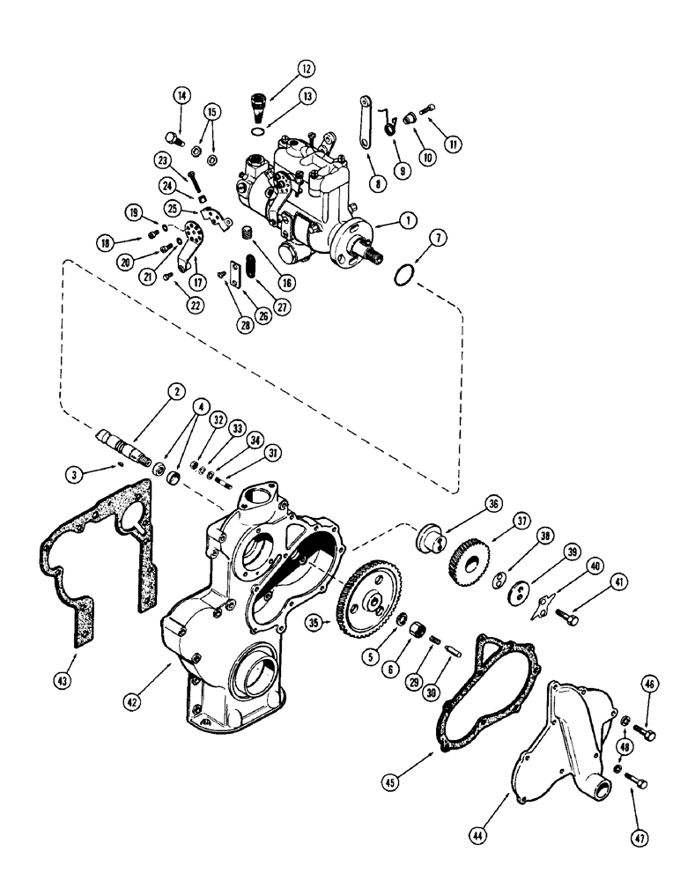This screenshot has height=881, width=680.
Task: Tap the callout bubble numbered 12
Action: tap(281, 70)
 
